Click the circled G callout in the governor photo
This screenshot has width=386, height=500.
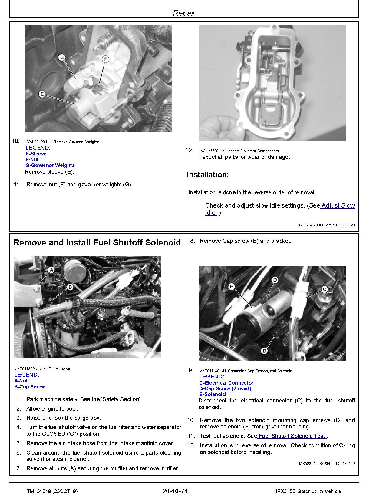pyautogui.click(x=62, y=57)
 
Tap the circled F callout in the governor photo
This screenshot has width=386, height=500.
pyautogui.click(x=105, y=59)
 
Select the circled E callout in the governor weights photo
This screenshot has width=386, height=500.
pyautogui.click(x=42, y=94)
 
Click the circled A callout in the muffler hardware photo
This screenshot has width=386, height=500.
pyautogui.click(x=51, y=269)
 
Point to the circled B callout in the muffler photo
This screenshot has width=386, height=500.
pyautogui.click(x=70, y=287)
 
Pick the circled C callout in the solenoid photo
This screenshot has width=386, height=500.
pyautogui.click(x=325, y=289)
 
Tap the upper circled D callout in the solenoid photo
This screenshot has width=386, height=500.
pyautogui.click(x=275, y=280)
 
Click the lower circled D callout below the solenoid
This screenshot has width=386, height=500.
pyautogui.click(x=264, y=351)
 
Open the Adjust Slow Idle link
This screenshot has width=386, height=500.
pyautogui.click(x=338, y=205)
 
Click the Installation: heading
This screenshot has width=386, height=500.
pyautogui.click(x=208, y=175)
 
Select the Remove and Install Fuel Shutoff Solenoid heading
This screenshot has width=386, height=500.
pyautogui.click(x=97, y=242)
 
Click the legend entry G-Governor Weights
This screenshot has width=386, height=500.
pyautogui.click(x=50, y=165)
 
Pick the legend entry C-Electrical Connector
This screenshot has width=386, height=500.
pyautogui.click(x=226, y=383)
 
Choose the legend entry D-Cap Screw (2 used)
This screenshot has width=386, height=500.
pyautogui.click(x=225, y=388)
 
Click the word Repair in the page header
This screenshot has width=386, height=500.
pyautogui.click(x=184, y=13)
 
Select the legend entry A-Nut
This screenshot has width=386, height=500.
pyautogui.click(x=21, y=381)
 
